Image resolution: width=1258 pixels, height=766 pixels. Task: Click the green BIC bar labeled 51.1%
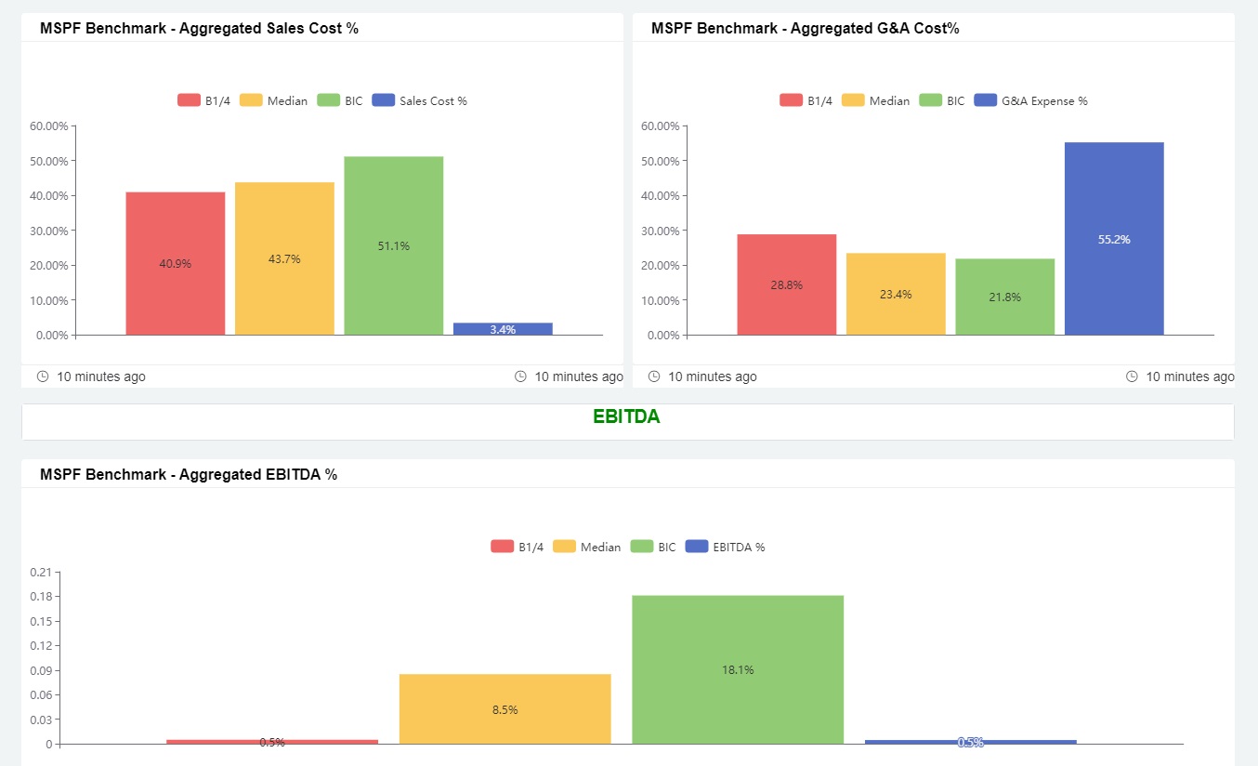click(x=393, y=245)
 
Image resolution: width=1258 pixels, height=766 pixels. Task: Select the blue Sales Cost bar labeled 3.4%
click(x=503, y=329)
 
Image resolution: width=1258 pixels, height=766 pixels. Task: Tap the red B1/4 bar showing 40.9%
click(x=176, y=263)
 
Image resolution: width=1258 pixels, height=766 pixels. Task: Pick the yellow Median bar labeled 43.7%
click(x=284, y=258)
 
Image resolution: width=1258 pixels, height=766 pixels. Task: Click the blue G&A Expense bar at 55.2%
click(x=1114, y=239)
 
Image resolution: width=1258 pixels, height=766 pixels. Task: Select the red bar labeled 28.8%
click(x=786, y=284)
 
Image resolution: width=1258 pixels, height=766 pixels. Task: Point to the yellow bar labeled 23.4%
click(x=896, y=294)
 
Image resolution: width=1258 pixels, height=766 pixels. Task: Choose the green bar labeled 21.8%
click(x=1004, y=297)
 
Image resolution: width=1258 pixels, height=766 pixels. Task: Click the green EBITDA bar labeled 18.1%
click(x=738, y=669)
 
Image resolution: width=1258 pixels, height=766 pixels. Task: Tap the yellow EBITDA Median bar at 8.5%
click(x=505, y=709)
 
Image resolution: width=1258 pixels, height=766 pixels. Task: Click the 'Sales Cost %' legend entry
click(x=420, y=100)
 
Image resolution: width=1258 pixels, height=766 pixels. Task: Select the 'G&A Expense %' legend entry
click(x=1031, y=100)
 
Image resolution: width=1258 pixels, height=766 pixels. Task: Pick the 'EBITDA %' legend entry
click(x=726, y=547)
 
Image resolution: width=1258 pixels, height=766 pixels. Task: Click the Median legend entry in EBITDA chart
click(x=587, y=547)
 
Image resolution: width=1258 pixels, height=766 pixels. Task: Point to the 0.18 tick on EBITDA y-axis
click(x=41, y=596)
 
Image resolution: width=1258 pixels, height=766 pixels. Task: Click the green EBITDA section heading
click(x=626, y=417)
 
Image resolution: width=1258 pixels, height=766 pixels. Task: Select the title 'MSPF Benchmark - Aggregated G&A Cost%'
click(x=805, y=28)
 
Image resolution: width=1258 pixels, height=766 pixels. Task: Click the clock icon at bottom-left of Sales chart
click(x=43, y=376)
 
